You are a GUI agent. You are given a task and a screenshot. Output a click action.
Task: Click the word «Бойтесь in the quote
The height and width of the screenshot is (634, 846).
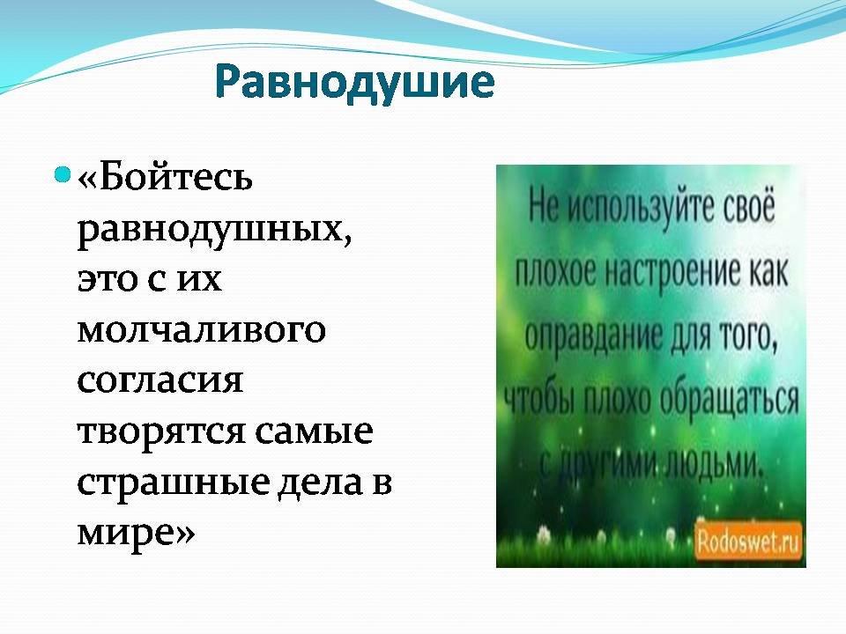click(x=165, y=177)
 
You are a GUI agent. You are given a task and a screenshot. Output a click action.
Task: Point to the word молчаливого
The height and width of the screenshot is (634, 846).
click(x=202, y=329)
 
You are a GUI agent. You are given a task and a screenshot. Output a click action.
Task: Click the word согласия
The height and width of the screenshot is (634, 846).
click(x=160, y=380)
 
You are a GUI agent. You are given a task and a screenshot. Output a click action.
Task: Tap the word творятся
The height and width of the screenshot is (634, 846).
click(x=162, y=431)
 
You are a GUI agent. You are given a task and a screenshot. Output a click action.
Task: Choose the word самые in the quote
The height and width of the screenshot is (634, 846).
click(x=314, y=431)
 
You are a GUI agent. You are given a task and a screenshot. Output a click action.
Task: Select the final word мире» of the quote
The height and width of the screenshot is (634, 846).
click(x=136, y=533)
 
